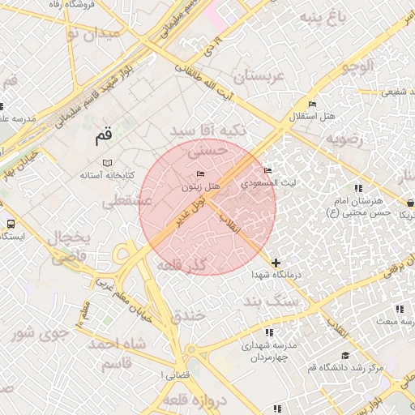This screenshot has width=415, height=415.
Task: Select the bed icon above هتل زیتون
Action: coord(201,175)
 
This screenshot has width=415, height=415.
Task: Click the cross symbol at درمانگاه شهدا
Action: coord(276,263)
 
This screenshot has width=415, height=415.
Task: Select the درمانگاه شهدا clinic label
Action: coord(277,276)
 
